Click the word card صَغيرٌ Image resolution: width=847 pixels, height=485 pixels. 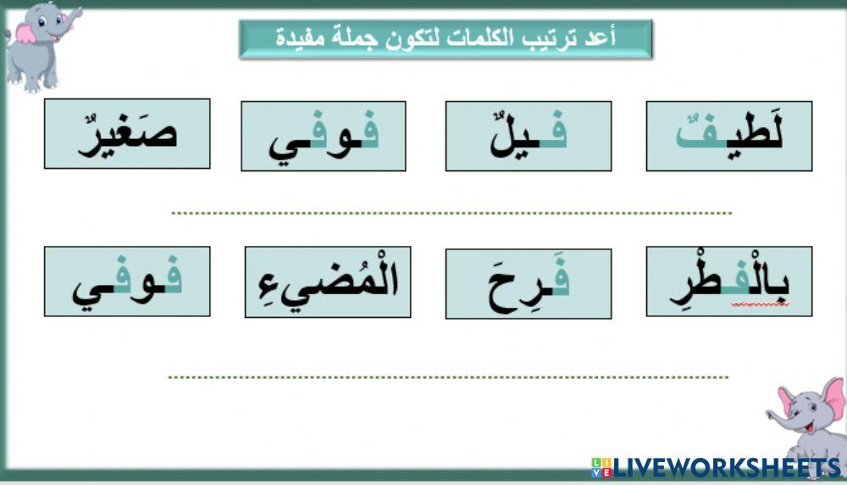[x=127, y=134]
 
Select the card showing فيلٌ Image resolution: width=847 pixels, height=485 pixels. [x=529, y=136]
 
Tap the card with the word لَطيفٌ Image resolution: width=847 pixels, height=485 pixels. [x=729, y=136]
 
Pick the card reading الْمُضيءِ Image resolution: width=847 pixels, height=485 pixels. [x=328, y=282]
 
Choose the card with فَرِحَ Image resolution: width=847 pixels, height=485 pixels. [x=529, y=283]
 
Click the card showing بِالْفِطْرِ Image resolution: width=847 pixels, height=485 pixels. [x=729, y=282]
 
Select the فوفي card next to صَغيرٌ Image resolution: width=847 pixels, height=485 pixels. [x=323, y=136]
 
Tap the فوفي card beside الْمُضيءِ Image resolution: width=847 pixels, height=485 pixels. [x=127, y=282]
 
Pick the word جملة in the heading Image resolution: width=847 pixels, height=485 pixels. [x=356, y=38]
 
